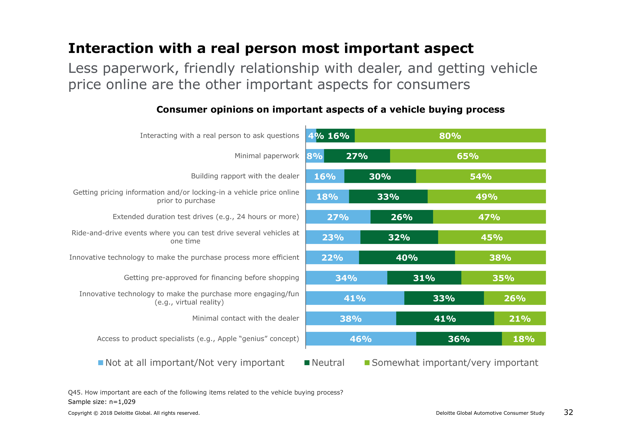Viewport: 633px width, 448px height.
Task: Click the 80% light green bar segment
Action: point(450,136)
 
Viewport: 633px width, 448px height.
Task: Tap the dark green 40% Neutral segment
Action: point(407,258)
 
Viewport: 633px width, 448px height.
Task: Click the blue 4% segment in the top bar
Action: point(311,136)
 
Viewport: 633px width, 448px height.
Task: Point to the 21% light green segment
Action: point(520,319)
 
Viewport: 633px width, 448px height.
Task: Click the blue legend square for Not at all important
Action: point(101,363)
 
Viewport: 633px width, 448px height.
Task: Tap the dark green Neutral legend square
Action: point(307,363)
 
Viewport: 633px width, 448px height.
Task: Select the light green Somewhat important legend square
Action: point(367,363)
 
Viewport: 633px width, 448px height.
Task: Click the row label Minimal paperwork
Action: point(267,156)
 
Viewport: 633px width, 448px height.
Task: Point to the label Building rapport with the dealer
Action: point(245,176)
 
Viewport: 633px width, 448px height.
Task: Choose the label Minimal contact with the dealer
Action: point(245,318)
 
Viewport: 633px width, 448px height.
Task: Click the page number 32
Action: point(568,412)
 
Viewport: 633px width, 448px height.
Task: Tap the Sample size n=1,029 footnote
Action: point(102,402)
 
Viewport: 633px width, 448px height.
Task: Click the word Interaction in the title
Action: point(111,49)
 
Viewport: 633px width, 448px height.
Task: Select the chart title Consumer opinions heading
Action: point(330,110)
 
